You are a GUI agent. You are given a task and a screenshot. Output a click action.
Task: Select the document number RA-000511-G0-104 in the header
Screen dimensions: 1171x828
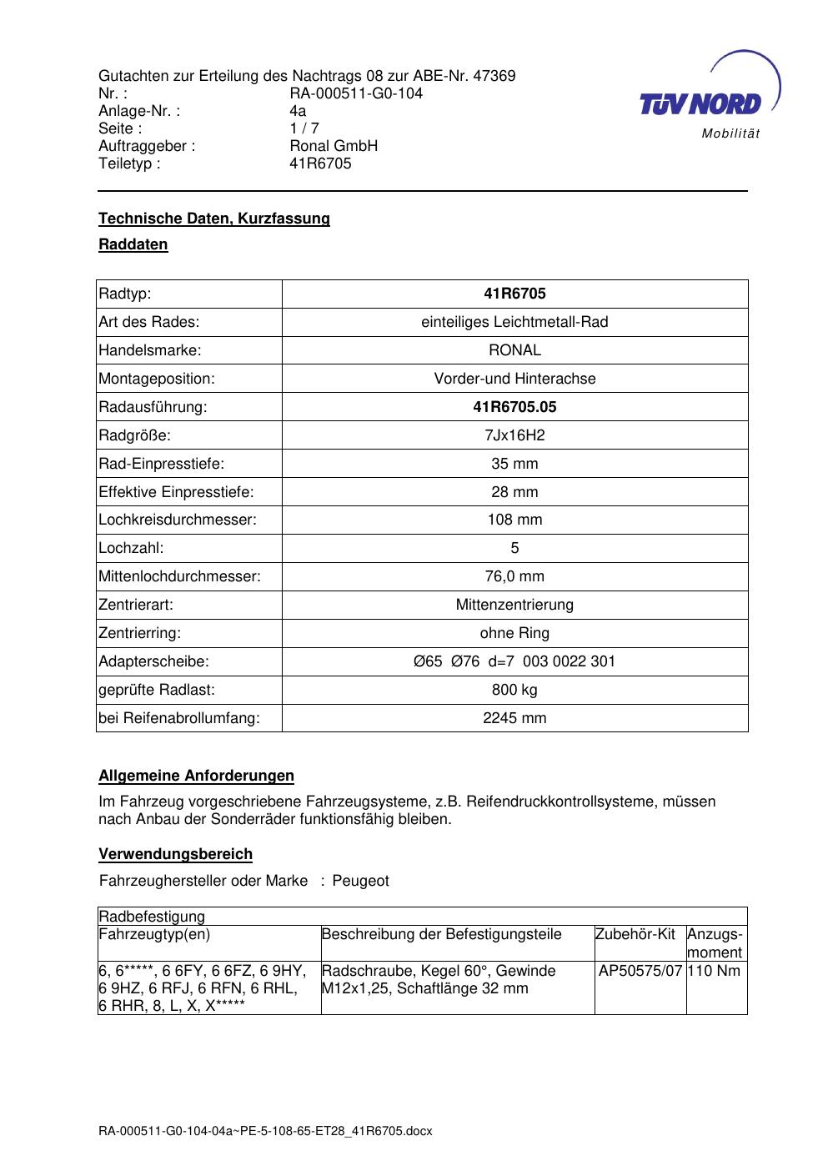(x=356, y=93)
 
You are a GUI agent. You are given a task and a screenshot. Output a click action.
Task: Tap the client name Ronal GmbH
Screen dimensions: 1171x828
(x=334, y=146)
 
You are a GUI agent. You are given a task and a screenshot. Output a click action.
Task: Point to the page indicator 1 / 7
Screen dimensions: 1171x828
(x=304, y=128)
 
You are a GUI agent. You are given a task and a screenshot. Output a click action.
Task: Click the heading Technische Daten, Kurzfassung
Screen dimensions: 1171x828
(x=214, y=219)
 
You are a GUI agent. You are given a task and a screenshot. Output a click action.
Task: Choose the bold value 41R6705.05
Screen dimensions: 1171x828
(x=514, y=407)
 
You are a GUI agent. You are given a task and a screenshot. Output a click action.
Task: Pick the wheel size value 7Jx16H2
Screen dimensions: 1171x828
(x=514, y=435)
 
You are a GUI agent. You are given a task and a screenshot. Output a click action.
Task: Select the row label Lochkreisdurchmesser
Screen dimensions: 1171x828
(x=178, y=520)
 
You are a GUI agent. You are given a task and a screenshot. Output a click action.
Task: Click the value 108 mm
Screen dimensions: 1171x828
(x=514, y=520)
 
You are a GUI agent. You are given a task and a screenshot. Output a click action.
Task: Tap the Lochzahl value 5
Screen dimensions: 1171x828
(x=514, y=548)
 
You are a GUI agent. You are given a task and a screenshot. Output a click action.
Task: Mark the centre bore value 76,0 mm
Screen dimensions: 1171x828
(x=514, y=576)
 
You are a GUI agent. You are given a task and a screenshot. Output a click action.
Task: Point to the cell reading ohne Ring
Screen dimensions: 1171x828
(x=514, y=633)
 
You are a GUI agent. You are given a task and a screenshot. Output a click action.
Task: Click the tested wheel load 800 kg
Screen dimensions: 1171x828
(x=514, y=690)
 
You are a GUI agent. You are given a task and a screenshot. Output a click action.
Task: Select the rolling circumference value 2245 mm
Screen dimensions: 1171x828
(x=514, y=718)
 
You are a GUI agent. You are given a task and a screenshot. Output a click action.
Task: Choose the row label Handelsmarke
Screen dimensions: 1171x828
(x=150, y=350)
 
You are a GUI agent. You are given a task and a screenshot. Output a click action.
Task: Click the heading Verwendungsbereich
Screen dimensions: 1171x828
(x=175, y=854)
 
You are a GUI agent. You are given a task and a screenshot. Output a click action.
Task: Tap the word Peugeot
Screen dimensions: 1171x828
(x=360, y=881)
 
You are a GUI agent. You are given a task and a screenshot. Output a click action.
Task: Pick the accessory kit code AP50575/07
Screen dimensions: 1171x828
(x=640, y=971)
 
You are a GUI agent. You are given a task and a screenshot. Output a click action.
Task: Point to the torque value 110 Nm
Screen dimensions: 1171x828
(x=715, y=971)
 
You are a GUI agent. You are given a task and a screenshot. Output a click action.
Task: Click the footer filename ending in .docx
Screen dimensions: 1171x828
(x=265, y=1132)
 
